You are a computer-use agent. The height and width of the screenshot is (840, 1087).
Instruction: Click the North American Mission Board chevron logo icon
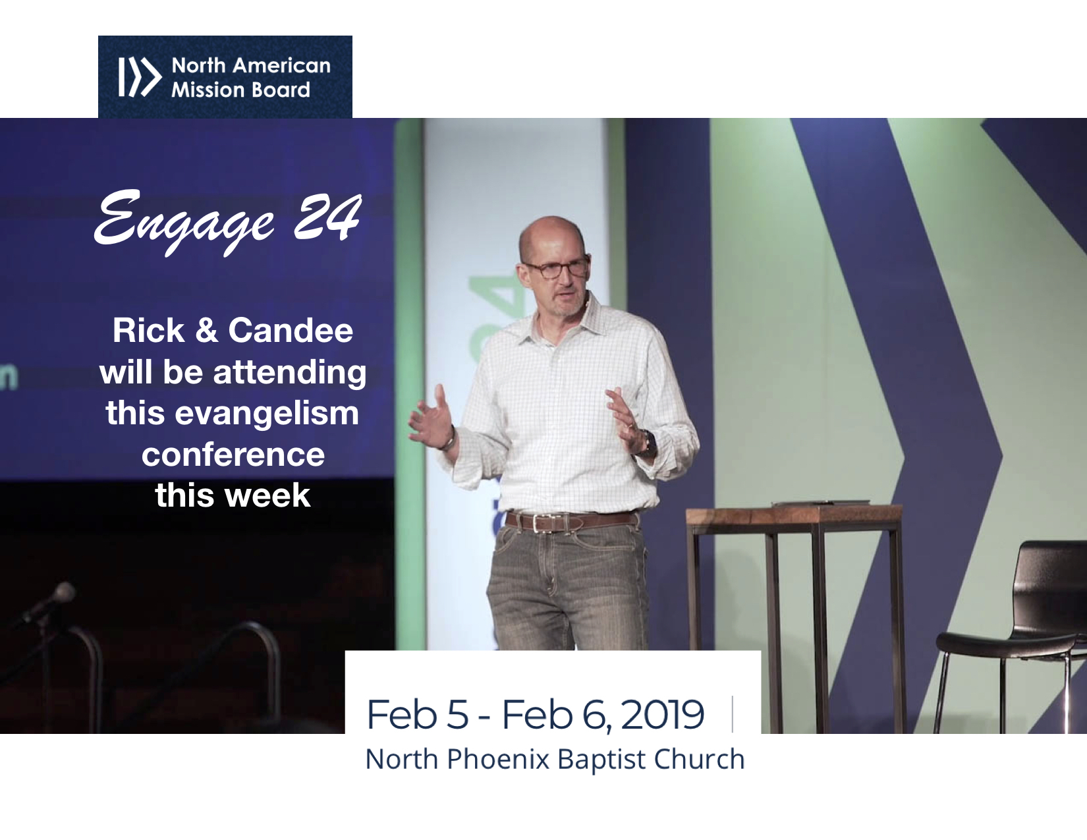click(x=140, y=76)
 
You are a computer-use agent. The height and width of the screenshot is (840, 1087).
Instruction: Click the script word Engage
click(x=184, y=221)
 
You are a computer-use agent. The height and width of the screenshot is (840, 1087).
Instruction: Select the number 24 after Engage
click(x=327, y=217)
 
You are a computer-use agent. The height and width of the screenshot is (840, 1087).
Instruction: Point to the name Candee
click(x=291, y=331)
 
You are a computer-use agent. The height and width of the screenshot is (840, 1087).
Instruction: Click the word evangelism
click(x=267, y=414)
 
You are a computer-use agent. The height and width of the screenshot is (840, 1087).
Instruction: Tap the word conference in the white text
click(x=233, y=455)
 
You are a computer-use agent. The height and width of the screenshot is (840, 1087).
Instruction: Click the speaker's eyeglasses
click(x=556, y=269)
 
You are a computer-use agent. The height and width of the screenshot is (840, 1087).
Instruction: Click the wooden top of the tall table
click(x=794, y=514)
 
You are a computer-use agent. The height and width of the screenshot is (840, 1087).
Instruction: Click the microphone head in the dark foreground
click(x=63, y=593)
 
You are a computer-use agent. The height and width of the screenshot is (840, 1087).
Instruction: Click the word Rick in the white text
click(x=148, y=331)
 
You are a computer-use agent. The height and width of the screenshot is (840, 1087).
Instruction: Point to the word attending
click(x=290, y=373)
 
